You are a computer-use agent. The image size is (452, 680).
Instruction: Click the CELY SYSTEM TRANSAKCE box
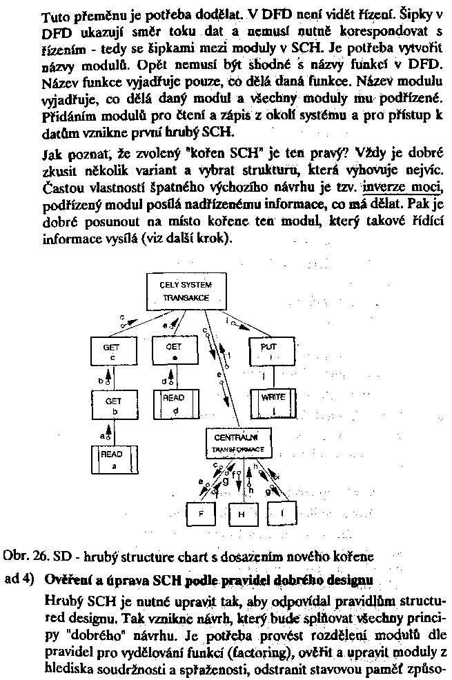186,291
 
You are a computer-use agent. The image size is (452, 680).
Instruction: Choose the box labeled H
242,513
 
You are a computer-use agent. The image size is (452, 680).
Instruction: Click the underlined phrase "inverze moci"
402,188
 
